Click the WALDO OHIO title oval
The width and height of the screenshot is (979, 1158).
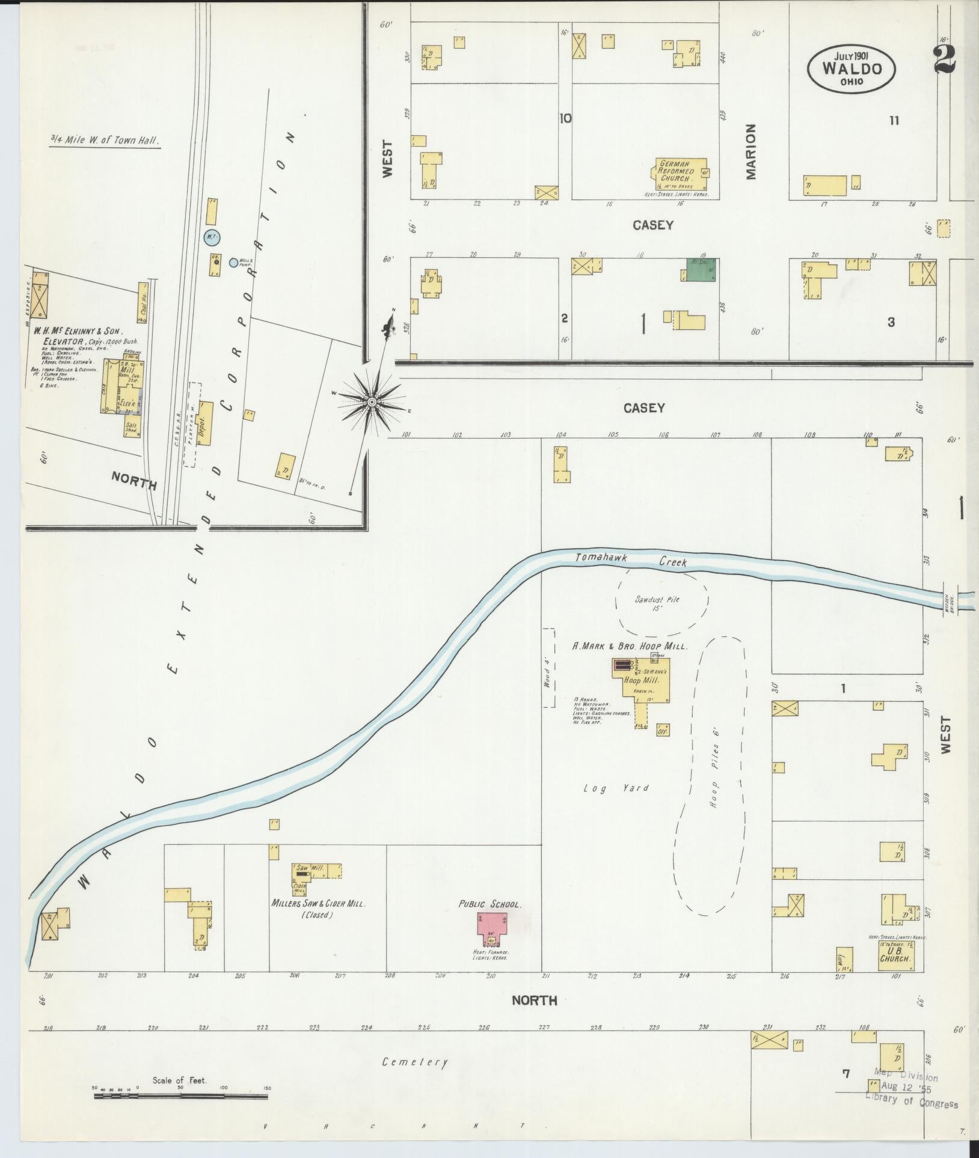point(852,69)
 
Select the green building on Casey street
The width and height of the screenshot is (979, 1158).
point(702,270)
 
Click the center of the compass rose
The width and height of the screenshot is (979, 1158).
point(372,401)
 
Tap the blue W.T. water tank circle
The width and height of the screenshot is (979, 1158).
point(211,237)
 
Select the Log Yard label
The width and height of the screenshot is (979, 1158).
point(616,787)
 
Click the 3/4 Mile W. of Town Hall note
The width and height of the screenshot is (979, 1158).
point(105,141)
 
